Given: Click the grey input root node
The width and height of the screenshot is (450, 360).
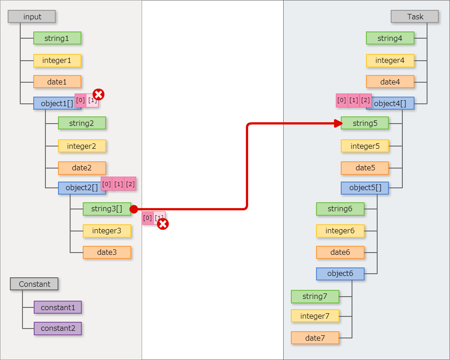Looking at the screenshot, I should [32, 17].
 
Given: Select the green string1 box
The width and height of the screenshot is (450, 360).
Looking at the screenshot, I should [57, 38].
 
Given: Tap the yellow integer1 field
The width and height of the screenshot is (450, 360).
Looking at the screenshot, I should [57, 60].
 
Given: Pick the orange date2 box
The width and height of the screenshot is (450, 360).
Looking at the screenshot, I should [82, 168].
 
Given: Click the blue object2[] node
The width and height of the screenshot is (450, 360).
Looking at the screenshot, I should [82, 188].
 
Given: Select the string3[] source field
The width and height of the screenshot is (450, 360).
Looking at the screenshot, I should [107, 209].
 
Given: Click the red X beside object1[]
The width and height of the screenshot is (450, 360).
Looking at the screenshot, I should [98, 94].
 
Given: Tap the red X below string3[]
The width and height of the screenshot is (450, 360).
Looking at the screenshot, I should [163, 224].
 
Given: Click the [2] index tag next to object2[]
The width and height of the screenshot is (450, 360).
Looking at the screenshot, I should [130, 184].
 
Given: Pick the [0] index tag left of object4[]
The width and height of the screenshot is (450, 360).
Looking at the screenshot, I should [342, 100].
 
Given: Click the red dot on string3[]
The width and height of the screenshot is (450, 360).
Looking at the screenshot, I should [134, 209].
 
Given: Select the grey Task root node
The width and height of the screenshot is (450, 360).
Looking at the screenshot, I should [414, 17].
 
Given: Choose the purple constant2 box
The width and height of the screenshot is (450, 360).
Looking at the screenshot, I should [58, 328].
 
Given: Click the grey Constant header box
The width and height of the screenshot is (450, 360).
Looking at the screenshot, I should [34, 284].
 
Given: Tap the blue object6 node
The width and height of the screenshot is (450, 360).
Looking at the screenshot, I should [340, 274].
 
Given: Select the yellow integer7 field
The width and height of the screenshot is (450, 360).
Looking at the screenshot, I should [315, 316].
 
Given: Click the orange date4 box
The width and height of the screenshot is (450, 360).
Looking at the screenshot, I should [390, 82].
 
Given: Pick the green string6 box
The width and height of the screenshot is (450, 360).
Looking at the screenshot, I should [340, 209].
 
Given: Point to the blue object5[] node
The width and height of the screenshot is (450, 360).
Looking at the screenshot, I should [365, 188].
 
